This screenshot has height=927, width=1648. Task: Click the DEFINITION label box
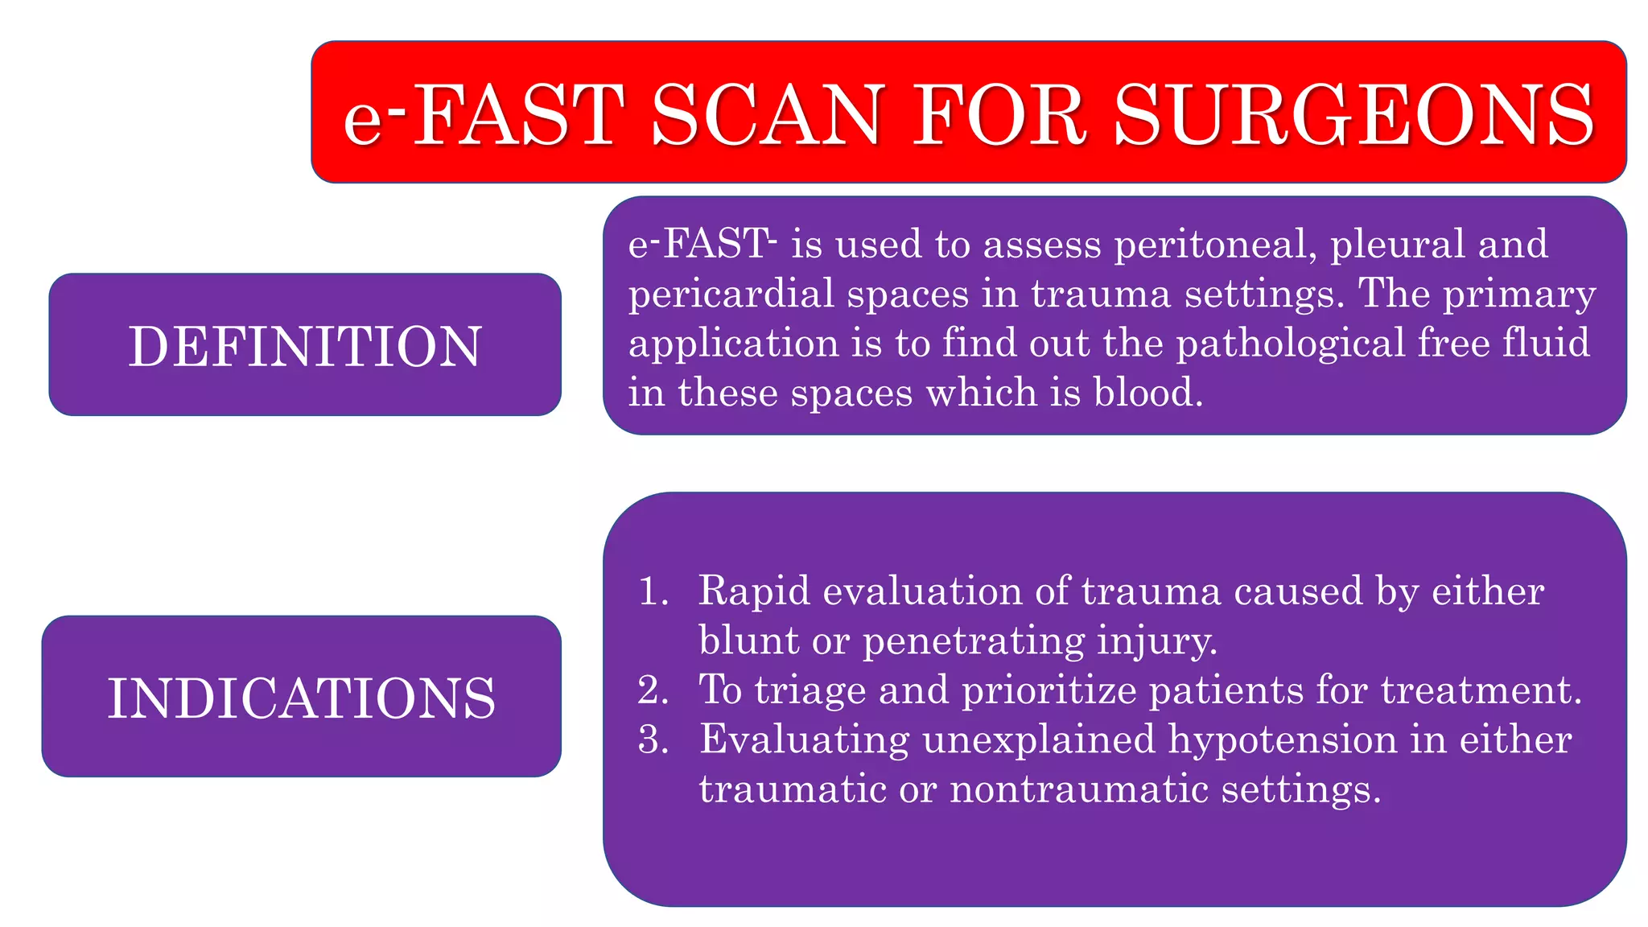[x=305, y=345]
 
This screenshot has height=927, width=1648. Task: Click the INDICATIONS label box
[x=302, y=697]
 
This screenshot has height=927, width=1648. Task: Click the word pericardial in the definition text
[x=731, y=294]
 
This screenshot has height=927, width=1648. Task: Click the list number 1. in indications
[x=653, y=591]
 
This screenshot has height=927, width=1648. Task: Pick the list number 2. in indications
[x=653, y=690]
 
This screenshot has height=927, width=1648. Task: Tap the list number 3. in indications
[x=653, y=740]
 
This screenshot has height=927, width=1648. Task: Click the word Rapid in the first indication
[x=754, y=591]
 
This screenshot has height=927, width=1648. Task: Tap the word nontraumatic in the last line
[x=1079, y=789]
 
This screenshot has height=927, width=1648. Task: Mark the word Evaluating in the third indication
[x=804, y=740]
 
